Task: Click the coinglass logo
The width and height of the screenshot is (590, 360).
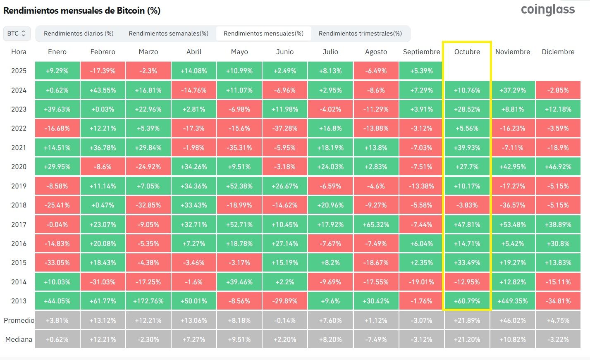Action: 547,10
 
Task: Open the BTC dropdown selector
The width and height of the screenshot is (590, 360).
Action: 17,33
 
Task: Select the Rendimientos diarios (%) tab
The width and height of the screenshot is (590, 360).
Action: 79,33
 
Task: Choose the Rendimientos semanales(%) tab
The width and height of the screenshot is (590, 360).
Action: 168,33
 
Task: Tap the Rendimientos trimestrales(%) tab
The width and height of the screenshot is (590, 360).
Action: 360,33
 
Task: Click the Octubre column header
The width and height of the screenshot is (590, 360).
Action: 467,52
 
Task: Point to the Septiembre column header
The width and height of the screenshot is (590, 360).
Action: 421,52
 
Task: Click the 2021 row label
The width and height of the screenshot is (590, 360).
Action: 19,148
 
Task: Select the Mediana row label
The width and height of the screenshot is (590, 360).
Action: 19,339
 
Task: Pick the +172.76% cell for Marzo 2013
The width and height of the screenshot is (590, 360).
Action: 148,301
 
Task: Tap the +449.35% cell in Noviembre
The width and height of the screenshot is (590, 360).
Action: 513,301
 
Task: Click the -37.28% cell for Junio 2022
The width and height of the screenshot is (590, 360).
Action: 285,128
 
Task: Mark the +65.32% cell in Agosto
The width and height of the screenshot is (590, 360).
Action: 376,224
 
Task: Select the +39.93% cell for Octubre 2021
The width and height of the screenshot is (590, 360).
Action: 467,148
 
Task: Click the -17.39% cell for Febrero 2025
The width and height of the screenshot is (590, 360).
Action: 103,71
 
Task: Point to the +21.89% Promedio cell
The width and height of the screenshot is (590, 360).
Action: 467,320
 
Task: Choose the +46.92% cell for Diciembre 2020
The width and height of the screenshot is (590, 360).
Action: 558,167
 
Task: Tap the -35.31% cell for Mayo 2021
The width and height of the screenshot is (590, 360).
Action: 239,148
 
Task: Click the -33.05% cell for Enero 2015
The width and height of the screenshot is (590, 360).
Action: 57,262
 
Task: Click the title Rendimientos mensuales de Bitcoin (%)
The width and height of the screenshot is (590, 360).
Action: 82,11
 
